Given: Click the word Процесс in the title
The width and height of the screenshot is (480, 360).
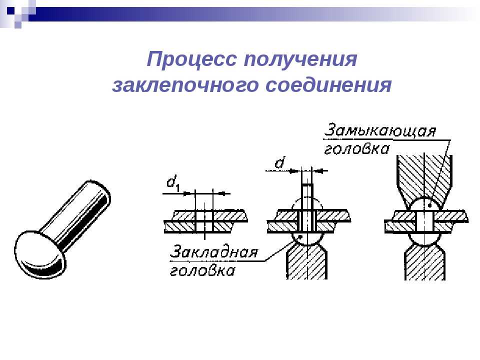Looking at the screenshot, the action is click(x=191, y=59).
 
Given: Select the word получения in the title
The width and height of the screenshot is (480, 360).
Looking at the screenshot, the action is click(x=300, y=59).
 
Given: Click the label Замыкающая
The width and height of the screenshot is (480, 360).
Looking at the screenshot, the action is click(x=380, y=130).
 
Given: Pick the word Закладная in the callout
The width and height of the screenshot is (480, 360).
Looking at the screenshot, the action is click(x=213, y=252).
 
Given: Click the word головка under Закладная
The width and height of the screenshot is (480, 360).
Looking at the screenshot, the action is click(x=202, y=271).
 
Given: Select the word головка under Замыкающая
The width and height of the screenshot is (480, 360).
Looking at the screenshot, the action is click(x=356, y=149).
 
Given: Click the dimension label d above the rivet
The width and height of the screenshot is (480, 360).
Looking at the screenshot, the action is click(x=279, y=162).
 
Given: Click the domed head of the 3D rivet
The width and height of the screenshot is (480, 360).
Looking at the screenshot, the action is click(x=40, y=254).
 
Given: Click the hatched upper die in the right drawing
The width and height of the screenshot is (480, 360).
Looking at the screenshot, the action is click(x=424, y=180).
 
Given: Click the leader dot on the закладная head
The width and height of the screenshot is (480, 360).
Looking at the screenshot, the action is click(x=301, y=236).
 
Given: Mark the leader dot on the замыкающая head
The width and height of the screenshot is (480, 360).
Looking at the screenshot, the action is click(x=430, y=205).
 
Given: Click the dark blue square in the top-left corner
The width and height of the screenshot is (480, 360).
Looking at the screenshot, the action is click(x=10, y=11).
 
